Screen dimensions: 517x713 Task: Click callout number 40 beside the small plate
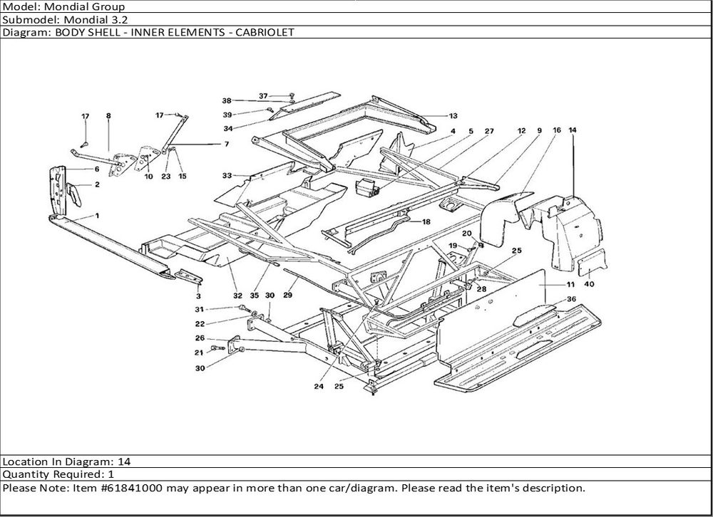[589, 284]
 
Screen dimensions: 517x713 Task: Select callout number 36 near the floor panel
[570, 299]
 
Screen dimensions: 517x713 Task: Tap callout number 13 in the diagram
[453, 115]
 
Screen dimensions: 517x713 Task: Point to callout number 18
[426, 222]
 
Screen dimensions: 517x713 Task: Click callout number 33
[227, 174]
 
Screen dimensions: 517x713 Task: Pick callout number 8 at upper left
[108, 115]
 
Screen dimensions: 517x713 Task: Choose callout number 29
[288, 294]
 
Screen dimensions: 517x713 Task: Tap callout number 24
[317, 387]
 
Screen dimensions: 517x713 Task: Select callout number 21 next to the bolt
[200, 352]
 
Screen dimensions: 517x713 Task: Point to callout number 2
[96, 184]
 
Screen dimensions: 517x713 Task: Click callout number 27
[489, 131]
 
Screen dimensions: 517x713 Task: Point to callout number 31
[200, 308]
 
